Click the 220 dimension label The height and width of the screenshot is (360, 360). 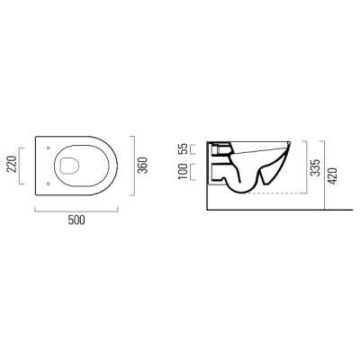[x=12, y=165]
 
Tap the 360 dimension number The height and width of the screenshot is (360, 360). [x=142, y=166]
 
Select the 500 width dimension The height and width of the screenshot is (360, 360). [x=76, y=220]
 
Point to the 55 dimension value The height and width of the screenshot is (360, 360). [x=184, y=148]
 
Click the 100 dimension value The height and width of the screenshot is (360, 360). [x=184, y=172]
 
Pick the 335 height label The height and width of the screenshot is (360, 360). [x=315, y=167]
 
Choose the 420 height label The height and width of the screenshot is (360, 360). [x=333, y=176]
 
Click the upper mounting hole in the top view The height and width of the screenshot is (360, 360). [x=48, y=148]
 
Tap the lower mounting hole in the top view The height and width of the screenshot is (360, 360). [x=48, y=184]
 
